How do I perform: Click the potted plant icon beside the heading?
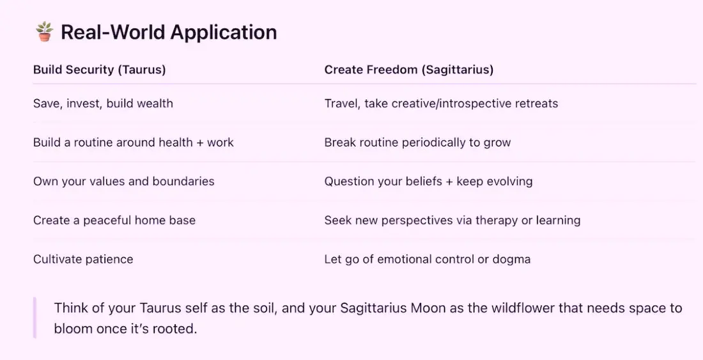pyautogui.click(x=44, y=32)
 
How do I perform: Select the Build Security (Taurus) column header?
pyautogui.click(x=100, y=70)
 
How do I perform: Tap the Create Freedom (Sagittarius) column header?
pyautogui.click(x=409, y=70)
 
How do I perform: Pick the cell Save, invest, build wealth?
pyautogui.click(x=103, y=104)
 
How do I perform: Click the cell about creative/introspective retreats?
pyautogui.click(x=441, y=104)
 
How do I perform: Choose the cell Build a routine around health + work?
pyautogui.click(x=133, y=143)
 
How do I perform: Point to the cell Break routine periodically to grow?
pyautogui.click(x=417, y=143)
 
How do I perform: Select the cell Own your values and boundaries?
pyautogui.click(x=124, y=182)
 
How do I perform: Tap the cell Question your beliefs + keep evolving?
pyautogui.click(x=429, y=182)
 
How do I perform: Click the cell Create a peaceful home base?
pyautogui.click(x=114, y=221)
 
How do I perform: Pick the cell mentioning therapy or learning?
pyautogui.click(x=452, y=221)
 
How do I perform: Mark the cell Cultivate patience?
pyautogui.click(x=83, y=260)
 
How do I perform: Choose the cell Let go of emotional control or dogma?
pyautogui.click(x=428, y=260)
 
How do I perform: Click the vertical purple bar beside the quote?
pyautogui.click(x=35, y=318)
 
